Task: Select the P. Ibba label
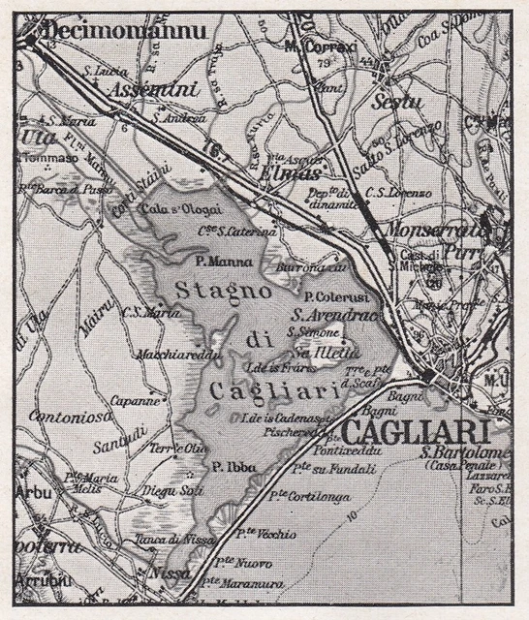[x=233, y=467]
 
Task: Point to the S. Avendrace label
[x=334, y=315]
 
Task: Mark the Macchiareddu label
[x=175, y=353]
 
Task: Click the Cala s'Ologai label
[x=181, y=208]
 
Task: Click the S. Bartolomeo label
[x=465, y=451]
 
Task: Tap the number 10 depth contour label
[x=355, y=513]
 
